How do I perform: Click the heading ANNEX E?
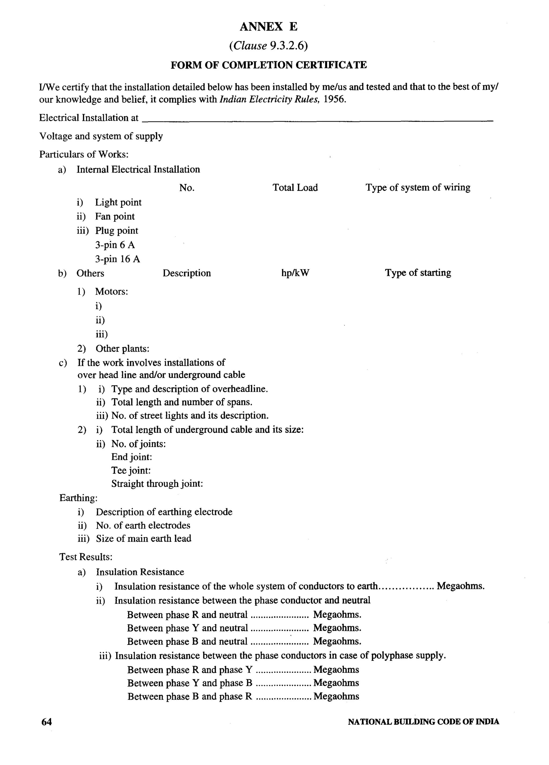(x=268, y=27)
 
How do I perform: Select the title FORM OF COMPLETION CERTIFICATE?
(x=268, y=65)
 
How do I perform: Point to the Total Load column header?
(x=295, y=188)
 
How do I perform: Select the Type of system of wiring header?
(x=417, y=188)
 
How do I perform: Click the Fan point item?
(x=115, y=217)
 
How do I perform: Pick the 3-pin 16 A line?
(x=117, y=259)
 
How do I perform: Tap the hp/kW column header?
(x=295, y=273)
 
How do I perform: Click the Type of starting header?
(x=418, y=273)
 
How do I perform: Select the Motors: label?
(x=111, y=291)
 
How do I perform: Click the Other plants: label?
(x=122, y=348)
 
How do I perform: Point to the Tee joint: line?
(x=131, y=470)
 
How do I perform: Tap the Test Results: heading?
(x=86, y=557)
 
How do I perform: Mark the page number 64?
(x=47, y=722)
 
